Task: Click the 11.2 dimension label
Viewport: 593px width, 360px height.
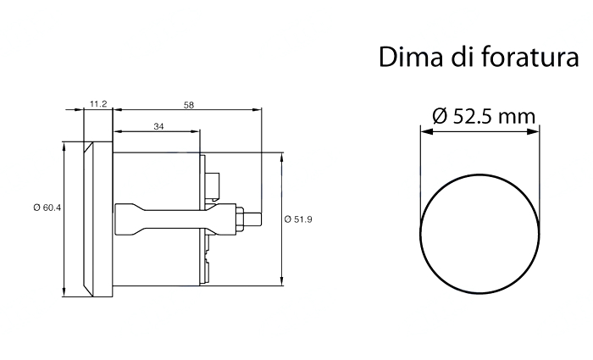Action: point(98,104)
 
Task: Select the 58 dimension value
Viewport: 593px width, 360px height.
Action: point(189,105)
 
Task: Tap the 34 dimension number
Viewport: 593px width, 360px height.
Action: point(159,126)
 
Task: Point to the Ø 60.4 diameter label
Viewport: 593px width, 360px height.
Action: point(47,208)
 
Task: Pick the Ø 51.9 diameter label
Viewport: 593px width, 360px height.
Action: point(298,219)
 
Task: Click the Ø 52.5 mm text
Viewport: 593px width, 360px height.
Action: point(484,116)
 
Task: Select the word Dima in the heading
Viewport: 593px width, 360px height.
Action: point(411,58)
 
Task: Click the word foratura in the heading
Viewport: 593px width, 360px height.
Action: point(530,58)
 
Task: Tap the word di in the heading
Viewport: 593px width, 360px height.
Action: point(463,58)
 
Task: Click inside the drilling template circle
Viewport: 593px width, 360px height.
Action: point(480,234)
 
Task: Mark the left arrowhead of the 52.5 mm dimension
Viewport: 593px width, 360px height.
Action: point(427,131)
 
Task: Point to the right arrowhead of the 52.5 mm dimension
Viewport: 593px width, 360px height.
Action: point(533,131)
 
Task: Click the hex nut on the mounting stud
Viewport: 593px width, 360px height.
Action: point(240,219)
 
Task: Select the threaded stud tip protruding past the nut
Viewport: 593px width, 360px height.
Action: point(253,219)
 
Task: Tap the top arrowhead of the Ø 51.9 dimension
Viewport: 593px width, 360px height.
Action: point(281,159)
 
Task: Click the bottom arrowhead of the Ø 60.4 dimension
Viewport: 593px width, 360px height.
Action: point(64,291)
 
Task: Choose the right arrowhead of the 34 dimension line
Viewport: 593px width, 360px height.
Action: point(194,131)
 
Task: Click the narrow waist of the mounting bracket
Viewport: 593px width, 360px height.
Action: point(173,219)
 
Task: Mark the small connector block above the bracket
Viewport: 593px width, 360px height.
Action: point(212,186)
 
